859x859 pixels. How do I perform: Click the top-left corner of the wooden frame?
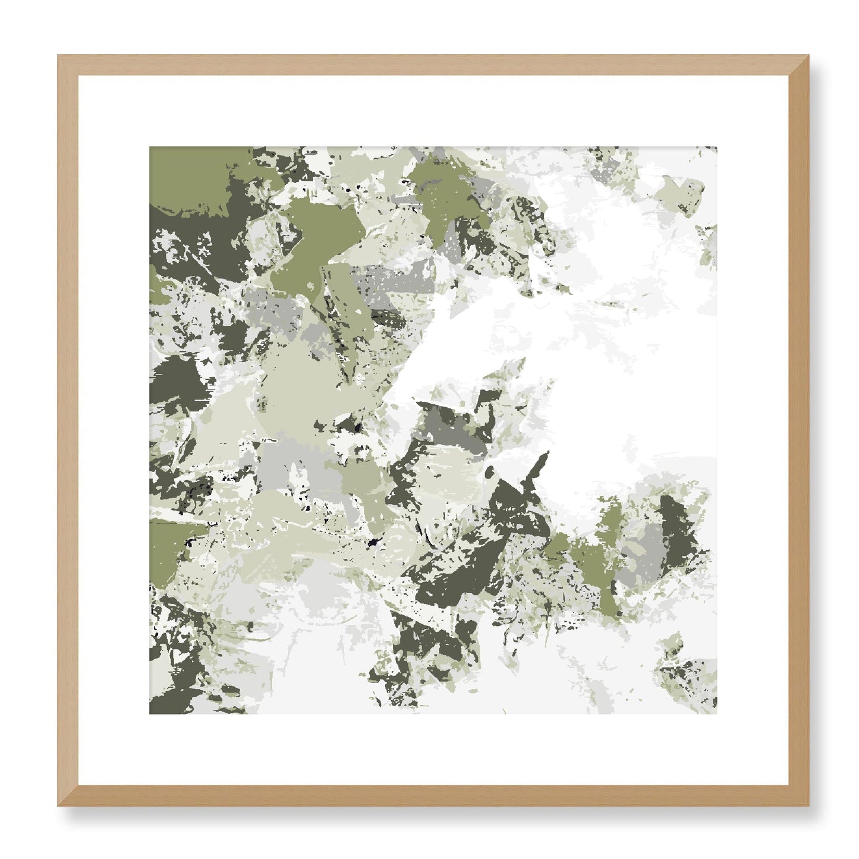pos(59,56)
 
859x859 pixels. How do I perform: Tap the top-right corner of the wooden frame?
pos(807,56)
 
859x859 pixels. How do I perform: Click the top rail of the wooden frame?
pos(433,65)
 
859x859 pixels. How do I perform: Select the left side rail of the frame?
pos(68,430)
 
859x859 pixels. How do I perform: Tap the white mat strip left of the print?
pos(114,430)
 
